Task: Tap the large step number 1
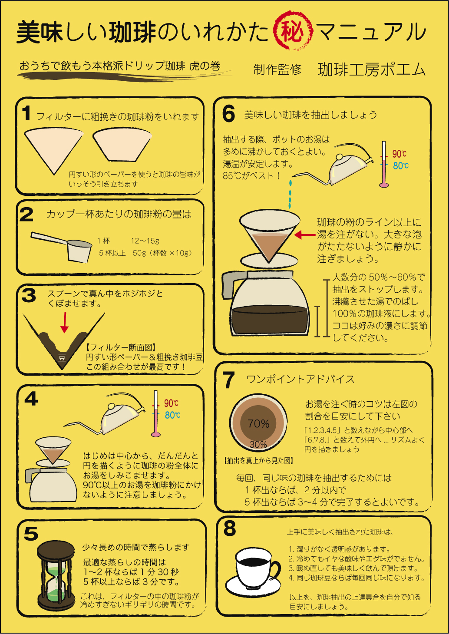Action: pyautogui.click(x=26, y=113)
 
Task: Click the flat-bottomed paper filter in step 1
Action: pyautogui.click(x=122, y=145)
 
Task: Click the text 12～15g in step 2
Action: pyautogui.click(x=145, y=241)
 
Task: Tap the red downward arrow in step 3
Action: pyautogui.click(x=65, y=322)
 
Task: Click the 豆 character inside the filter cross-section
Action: pyautogui.click(x=62, y=358)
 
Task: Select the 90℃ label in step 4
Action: pyautogui.click(x=171, y=403)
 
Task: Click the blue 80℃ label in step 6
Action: pyautogui.click(x=401, y=165)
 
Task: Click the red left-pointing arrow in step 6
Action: pyautogui.click(x=305, y=234)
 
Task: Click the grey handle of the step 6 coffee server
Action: pyautogui.click(x=231, y=284)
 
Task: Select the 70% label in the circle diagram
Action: pyautogui.click(x=258, y=423)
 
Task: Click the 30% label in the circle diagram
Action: pyautogui.click(x=258, y=444)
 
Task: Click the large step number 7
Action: pyautogui.click(x=228, y=380)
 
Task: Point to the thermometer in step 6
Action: pyautogui.click(x=384, y=164)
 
